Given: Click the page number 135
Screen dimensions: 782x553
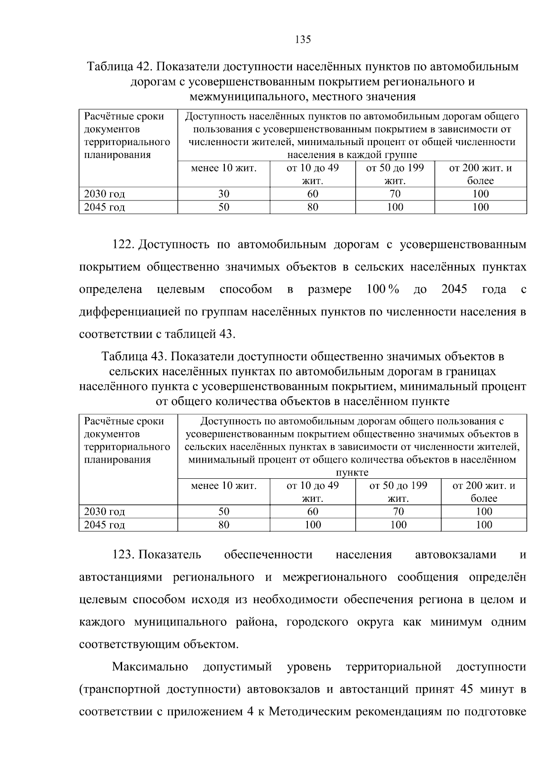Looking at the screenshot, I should pyautogui.click(x=303, y=40).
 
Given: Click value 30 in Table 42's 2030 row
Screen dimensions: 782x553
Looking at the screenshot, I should pyautogui.click(x=224, y=194).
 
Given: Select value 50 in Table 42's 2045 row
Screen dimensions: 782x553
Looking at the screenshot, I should pyautogui.click(x=224, y=207).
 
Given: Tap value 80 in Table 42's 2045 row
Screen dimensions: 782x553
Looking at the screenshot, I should pyautogui.click(x=313, y=207).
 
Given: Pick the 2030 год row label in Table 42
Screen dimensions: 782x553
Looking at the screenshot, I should pyautogui.click(x=104, y=194).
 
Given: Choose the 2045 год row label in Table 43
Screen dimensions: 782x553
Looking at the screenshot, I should pyautogui.click(x=104, y=525).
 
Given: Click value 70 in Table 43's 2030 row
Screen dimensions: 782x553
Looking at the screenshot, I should pyautogui.click(x=398, y=512).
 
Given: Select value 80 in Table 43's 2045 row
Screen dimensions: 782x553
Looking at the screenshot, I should pyautogui.click(x=224, y=525).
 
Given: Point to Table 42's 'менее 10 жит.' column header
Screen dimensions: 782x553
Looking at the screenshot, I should pyautogui.click(x=224, y=168).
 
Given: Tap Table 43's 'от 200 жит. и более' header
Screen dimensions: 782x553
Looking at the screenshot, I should pyautogui.click(x=484, y=492).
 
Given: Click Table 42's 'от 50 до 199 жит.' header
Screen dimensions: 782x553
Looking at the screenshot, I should pyautogui.click(x=395, y=174).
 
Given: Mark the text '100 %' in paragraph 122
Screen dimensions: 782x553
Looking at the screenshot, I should pyautogui.click(x=382, y=290).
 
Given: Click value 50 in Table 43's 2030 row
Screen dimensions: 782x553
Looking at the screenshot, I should pyautogui.click(x=224, y=512).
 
